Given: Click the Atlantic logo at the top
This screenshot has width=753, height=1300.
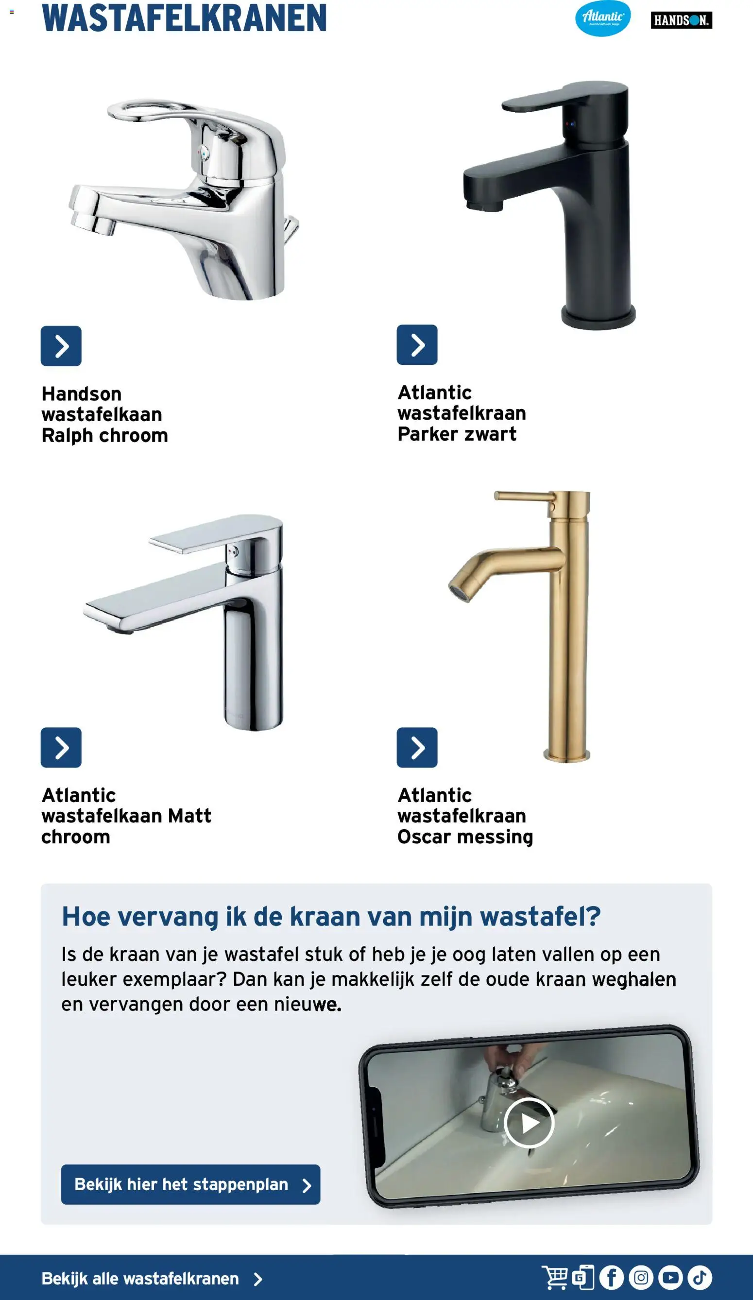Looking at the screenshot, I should (602, 18).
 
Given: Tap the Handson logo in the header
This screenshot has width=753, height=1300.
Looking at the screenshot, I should (681, 20).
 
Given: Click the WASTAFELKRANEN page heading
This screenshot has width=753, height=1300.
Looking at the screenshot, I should (184, 18).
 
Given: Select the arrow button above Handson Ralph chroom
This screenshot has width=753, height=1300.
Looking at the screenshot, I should (61, 345).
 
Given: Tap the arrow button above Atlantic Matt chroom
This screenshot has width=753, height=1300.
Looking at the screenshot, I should (61, 748).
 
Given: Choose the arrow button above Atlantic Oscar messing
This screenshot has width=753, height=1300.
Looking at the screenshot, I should (417, 748).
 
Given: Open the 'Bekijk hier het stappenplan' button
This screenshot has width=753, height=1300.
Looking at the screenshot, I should (190, 1184).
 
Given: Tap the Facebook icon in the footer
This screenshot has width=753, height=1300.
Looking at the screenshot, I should (611, 1278).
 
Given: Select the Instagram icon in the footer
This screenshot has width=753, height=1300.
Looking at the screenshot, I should (641, 1278).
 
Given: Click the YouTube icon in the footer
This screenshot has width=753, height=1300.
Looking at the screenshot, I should (670, 1278).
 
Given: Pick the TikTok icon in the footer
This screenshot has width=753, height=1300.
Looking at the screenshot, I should (700, 1278).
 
